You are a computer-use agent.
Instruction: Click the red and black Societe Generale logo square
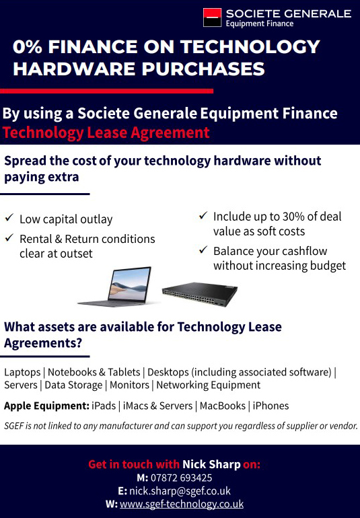(x=212, y=17)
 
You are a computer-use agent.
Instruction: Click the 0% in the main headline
(x=28, y=46)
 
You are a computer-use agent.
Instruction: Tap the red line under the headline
(x=106, y=91)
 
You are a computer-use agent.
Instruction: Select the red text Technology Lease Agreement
(x=106, y=133)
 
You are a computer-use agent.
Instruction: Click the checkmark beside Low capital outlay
(x=9, y=218)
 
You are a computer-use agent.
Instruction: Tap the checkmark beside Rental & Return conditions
(x=9, y=237)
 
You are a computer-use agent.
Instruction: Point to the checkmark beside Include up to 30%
(x=203, y=215)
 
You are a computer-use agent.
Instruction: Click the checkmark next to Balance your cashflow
(x=203, y=250)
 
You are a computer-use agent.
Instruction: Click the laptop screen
(x=129, y=283)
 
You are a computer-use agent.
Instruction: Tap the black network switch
(x=200, y=294)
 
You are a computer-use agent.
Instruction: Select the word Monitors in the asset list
(x=129, y=385)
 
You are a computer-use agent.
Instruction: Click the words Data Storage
(x=73, y=385)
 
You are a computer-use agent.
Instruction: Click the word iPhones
(x=271, y=406)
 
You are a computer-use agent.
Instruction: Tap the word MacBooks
(x=223, y=406)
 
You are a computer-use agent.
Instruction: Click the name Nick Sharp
(x=211, y=464)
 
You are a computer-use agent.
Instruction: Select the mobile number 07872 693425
(x=182, y=478)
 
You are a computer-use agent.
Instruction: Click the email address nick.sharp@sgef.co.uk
(x=180, y=491)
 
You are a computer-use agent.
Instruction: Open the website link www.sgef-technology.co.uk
(x=182, y=504)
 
